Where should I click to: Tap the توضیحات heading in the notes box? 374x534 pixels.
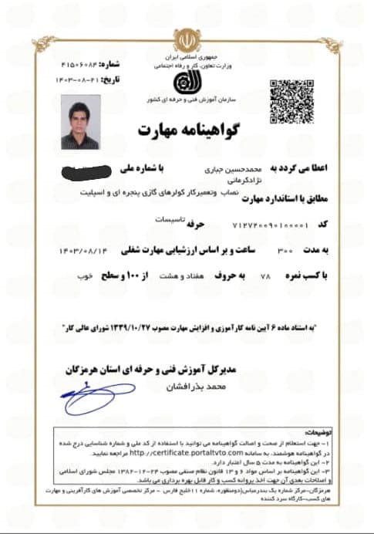click(x=302, y=434)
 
